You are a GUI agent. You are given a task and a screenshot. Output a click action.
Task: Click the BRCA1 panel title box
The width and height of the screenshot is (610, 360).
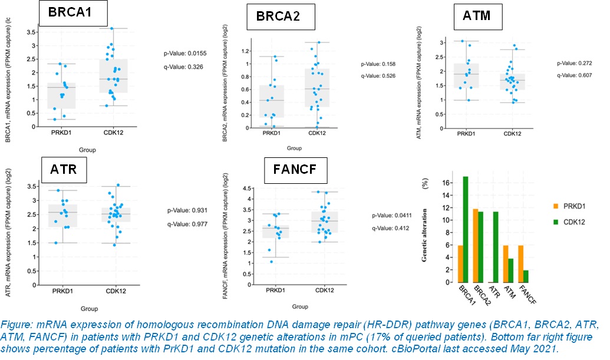(72, 13)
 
